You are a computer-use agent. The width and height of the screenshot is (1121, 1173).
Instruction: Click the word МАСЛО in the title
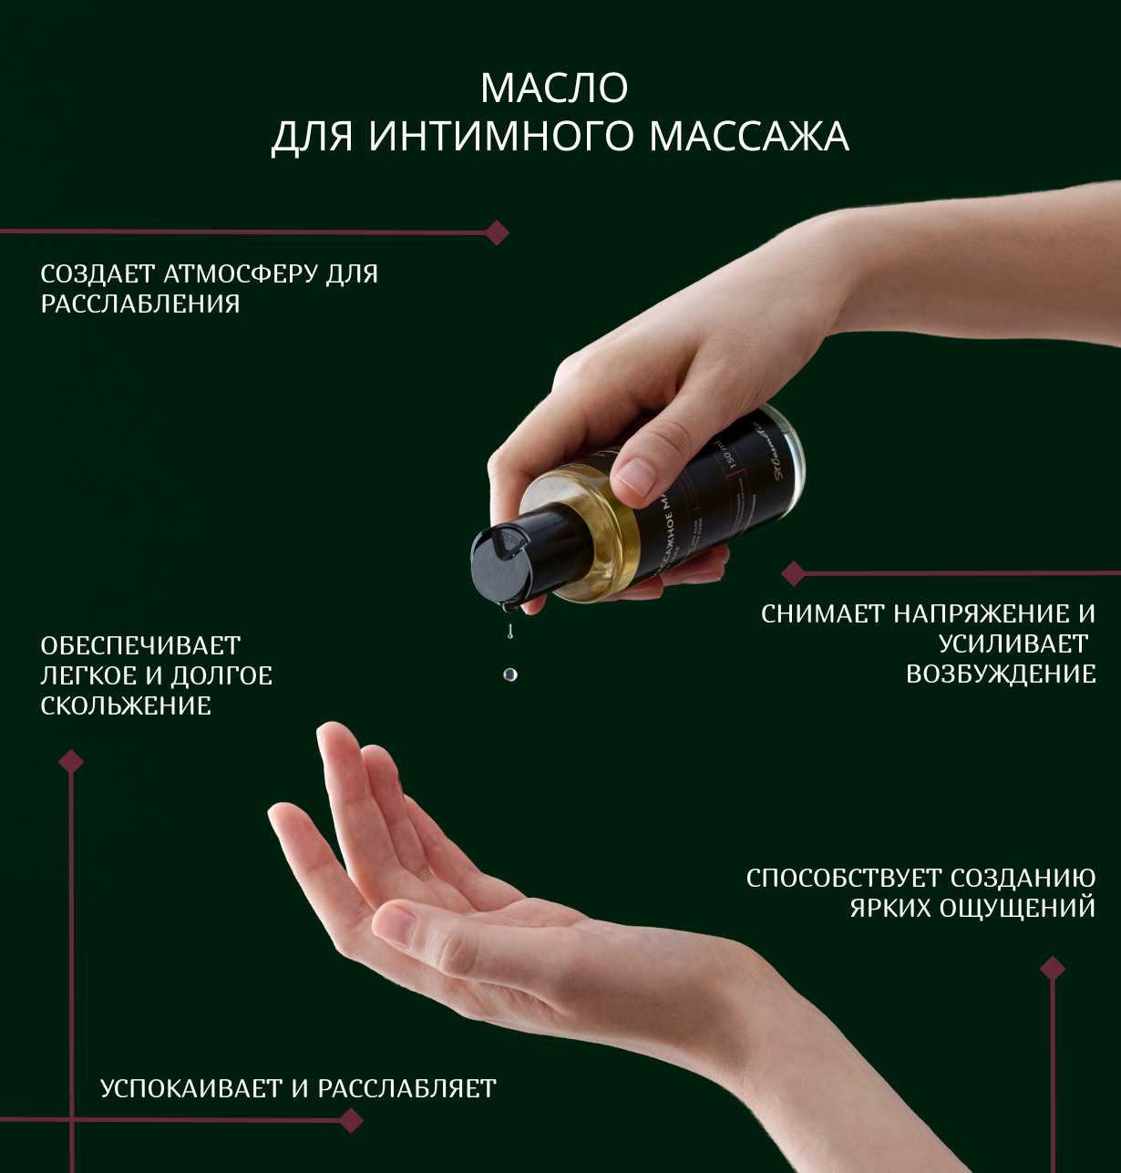pyautogui.click(x=554, y=88)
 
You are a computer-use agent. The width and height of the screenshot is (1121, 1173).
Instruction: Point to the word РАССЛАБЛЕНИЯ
pyautogui.click(x=140, y=304)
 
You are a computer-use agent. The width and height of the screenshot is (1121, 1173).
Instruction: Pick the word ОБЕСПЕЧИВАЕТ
pyautogui.click(x=140, y=645)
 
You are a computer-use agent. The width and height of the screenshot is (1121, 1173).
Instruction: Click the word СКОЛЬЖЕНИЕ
pyautogui.click(x=126, y=705)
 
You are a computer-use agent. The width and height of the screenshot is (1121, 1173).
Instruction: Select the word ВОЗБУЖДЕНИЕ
pyautogui.click(x=1001, y=674)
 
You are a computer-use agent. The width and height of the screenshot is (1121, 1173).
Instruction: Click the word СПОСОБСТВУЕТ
pyautogui.click(x=844, y=878)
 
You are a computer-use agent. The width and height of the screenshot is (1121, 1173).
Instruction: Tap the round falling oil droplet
pyautogui.click(x=510, y=674)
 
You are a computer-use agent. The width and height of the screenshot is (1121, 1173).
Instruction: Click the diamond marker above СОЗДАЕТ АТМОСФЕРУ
pyautogui.click(x=497, y=232)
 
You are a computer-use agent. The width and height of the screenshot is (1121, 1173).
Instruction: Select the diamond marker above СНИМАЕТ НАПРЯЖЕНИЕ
pyautogui.click(x=794, y=573)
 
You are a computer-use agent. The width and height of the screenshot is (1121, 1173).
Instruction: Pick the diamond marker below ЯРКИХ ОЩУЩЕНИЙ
pyautogui.click(x=1053, y=968)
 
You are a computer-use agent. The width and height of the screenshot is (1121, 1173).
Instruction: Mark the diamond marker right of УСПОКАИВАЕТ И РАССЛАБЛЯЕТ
pyautogui.click(x=351, y=1120)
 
